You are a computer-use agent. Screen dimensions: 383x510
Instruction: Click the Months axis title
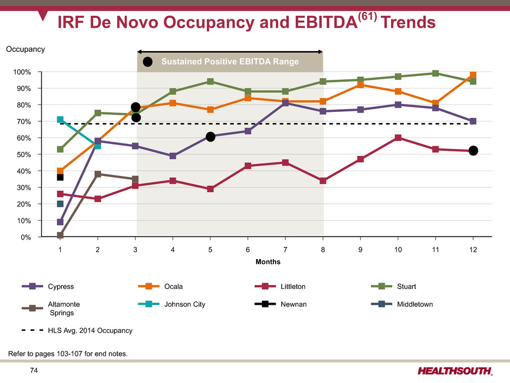268,262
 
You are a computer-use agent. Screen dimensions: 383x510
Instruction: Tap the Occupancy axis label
25,49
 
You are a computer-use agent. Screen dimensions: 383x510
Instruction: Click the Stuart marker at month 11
435,73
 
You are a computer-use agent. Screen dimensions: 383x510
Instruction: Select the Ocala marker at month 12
473,76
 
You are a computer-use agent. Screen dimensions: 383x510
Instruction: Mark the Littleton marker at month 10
398,138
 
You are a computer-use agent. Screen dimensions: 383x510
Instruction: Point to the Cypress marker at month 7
285,103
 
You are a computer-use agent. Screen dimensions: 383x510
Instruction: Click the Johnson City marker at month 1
60,120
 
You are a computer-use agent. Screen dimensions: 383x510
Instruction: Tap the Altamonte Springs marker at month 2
98,174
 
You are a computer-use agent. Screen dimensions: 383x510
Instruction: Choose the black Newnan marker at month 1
60,177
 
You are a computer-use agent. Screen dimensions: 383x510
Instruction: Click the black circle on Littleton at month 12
473,150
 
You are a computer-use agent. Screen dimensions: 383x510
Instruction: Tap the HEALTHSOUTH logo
455,371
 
